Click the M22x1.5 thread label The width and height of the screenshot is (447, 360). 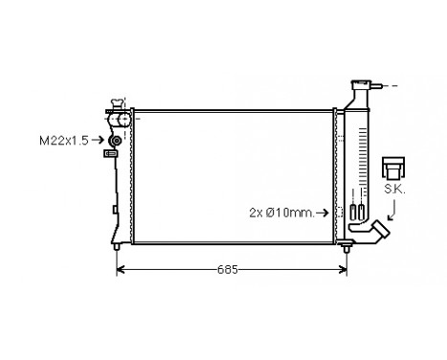[64, 141]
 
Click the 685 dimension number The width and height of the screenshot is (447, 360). [227, 271]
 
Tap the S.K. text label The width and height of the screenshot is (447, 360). [392, 191]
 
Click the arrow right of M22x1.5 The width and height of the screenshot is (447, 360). [101, 141]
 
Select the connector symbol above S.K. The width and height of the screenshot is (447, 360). [391, 168]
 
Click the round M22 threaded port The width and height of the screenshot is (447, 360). [115, 141]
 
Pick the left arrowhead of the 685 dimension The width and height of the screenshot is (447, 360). [120, 271]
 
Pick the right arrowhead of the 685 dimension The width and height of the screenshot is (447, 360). [345, 271]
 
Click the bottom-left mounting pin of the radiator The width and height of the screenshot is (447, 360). [117, 247]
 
